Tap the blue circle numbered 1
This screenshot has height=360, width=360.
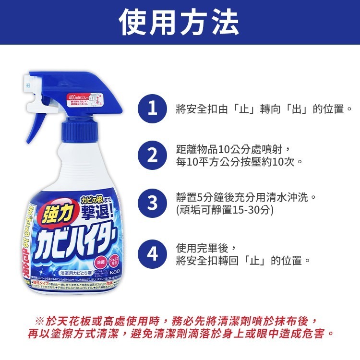click(x=152, y=109)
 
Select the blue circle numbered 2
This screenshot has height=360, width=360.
click(x=152, y=156)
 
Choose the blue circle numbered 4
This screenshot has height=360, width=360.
click(x=152, y=253)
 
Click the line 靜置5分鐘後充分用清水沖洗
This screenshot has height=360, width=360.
click(x=246, y=197)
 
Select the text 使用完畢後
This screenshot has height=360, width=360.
click(x=205, y=248)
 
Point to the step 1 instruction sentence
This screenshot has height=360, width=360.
click(x=264, y=109)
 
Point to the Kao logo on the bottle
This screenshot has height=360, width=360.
click(x=116, y=273)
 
